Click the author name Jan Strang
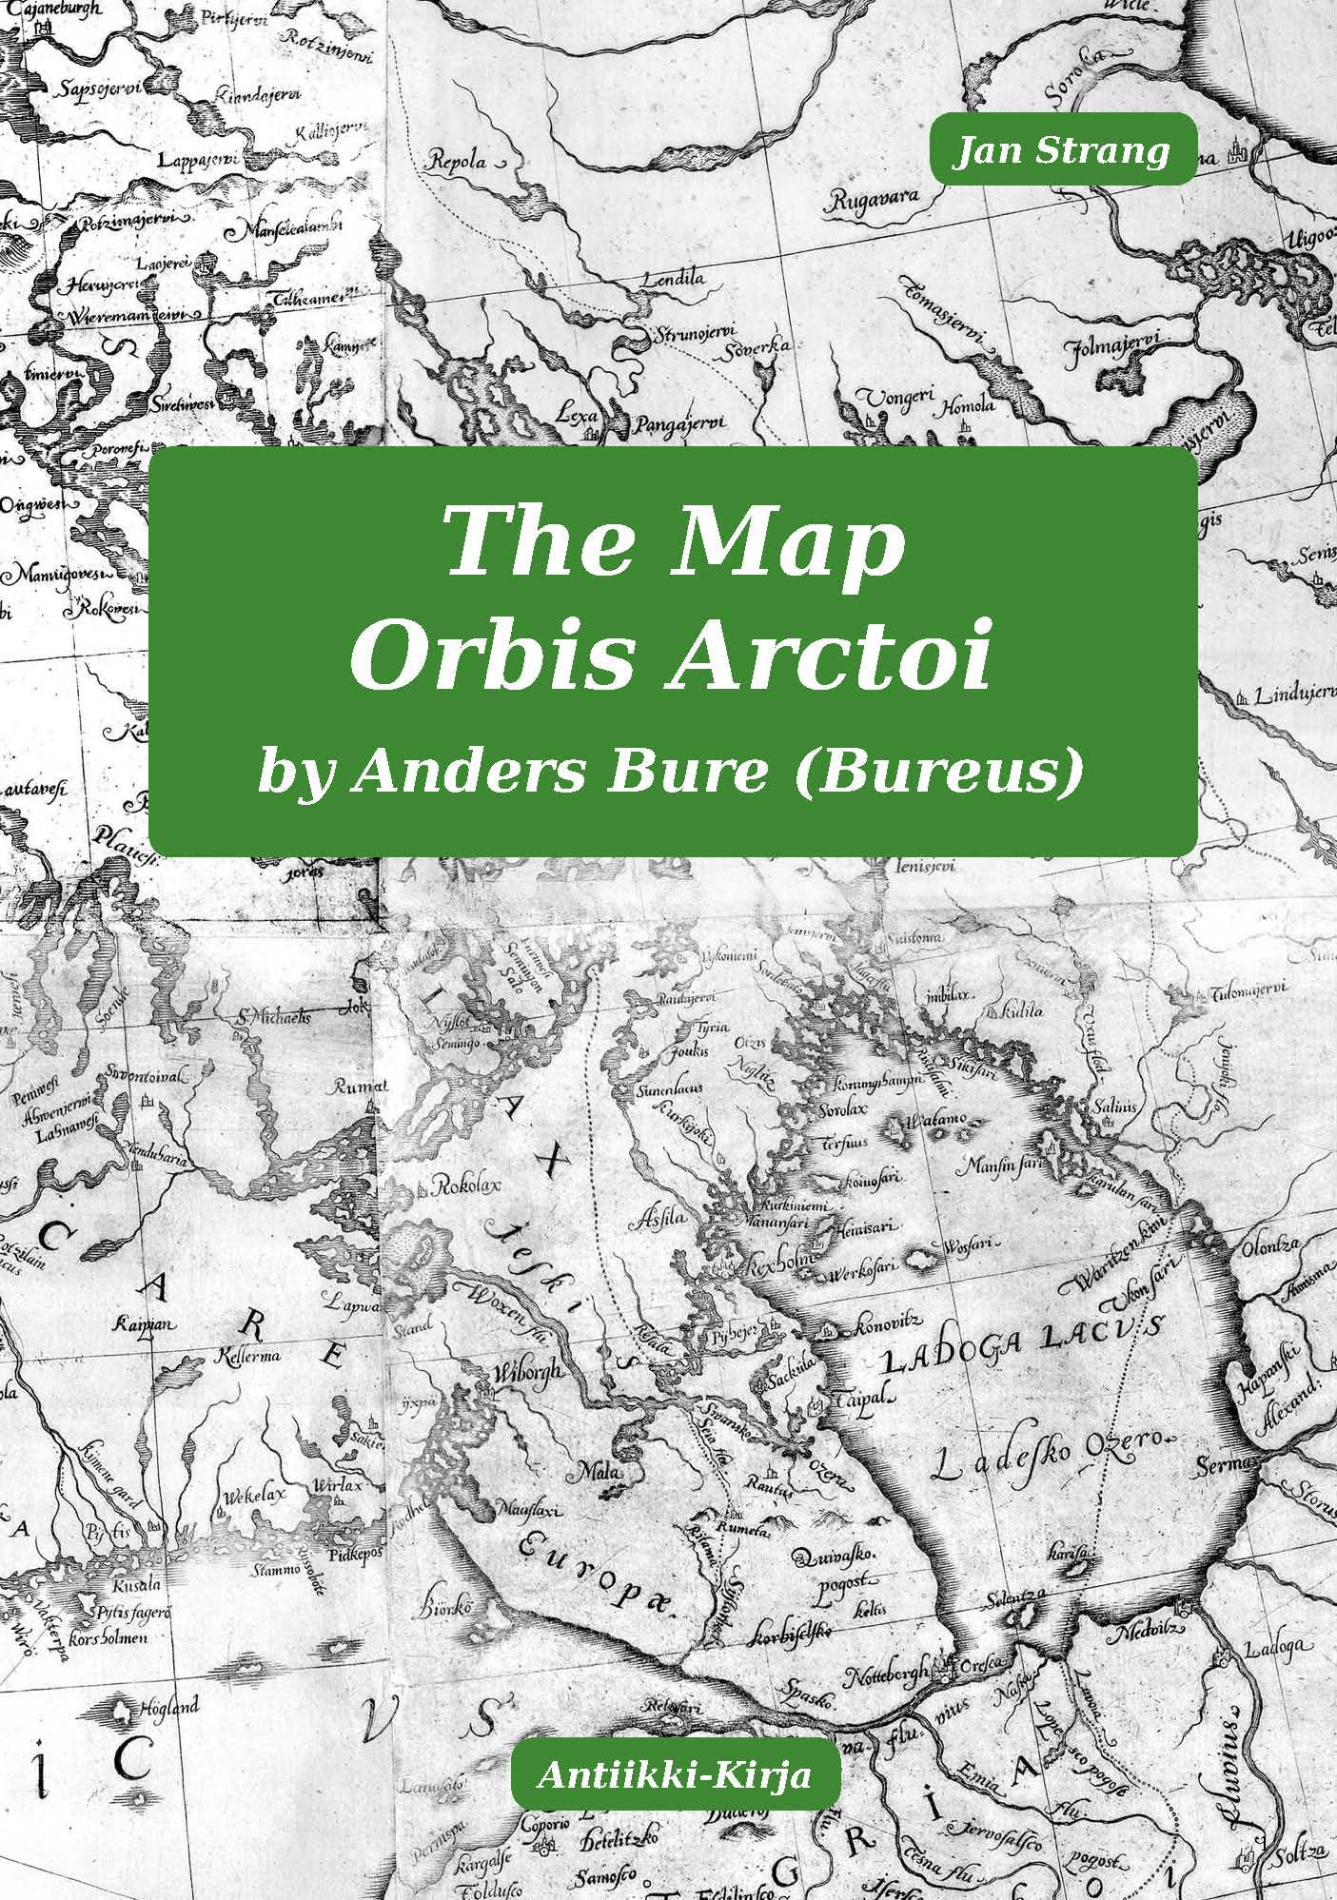(x=1062, y=149)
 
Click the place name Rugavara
(x=873, y=198)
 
